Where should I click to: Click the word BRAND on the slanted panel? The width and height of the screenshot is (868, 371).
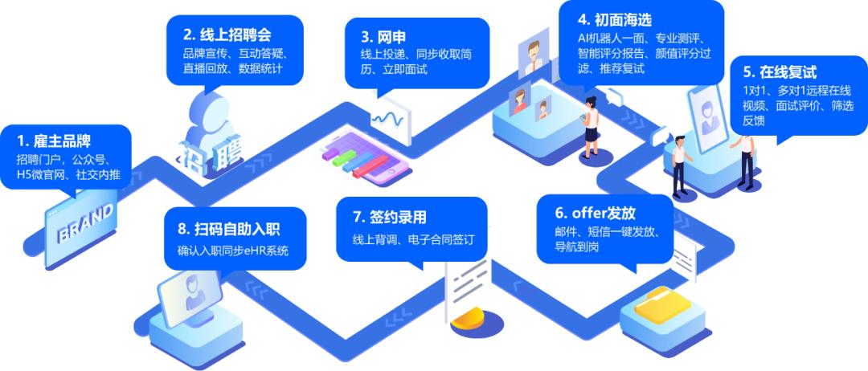pos(84,222)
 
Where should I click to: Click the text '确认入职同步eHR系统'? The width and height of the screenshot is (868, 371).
pos(231,251)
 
